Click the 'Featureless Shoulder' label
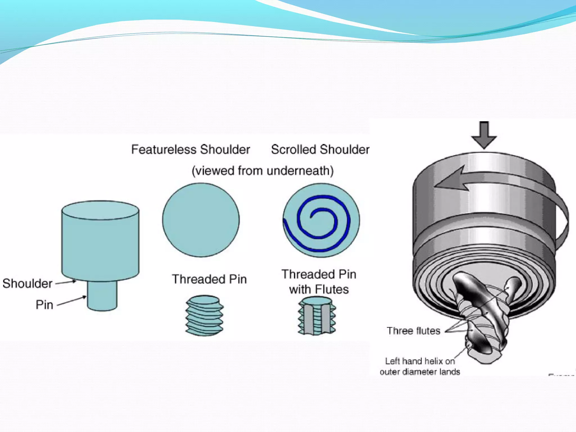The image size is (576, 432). pyautogui.click(x=190, y=149)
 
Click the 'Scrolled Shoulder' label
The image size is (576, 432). pyautogui.click(x=320, y=149)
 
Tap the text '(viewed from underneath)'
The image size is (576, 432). pyautogui.click(x=262, y=171)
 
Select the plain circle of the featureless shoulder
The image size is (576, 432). pyautogui.click(x=201, y=220)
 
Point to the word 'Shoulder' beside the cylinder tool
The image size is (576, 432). pyautogui.click(x=27, y=283)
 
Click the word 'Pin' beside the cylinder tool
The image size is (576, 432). pyautogui.click(x=44, y=305)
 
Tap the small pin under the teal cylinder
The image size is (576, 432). pyautogui.click(x=102, y=296)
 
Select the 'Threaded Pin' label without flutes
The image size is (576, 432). pyautogui.click(x=209, y=279)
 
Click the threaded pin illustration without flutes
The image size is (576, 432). pyautogui.click(x=204, y=315)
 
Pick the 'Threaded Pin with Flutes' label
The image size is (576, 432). pyautogui.click(x=319, y=282)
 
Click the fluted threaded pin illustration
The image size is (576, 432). pyautogui.click(x=317, y=316)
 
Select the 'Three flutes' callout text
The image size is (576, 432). pyautogui.click(x=413, y=331)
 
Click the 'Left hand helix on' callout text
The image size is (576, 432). pyautogui.click(x=420, y=361)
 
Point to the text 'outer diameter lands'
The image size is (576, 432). pyautogui.click(x=420, y=372)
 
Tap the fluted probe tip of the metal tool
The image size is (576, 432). pyautogui.click(x=481, y=318)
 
